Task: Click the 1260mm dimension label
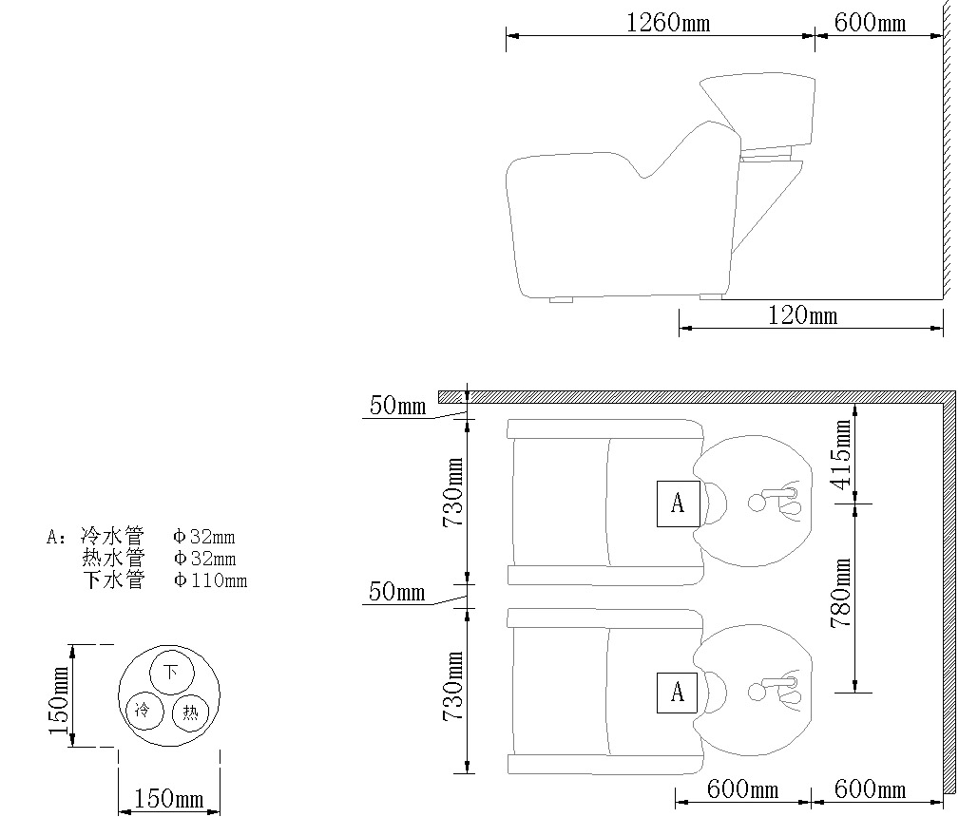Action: (x=668, y=23)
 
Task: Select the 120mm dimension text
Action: (x=802, y=315)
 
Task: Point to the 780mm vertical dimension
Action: (x=841, y=593)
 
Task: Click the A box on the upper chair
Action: (x=678, y=503)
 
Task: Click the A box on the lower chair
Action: (x=678, y=693)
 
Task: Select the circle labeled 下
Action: (x=171, y=673)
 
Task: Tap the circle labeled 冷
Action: (x=144, y=711)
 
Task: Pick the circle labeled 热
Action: (x=190, y=712)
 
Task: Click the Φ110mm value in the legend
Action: (x=211, y=580)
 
